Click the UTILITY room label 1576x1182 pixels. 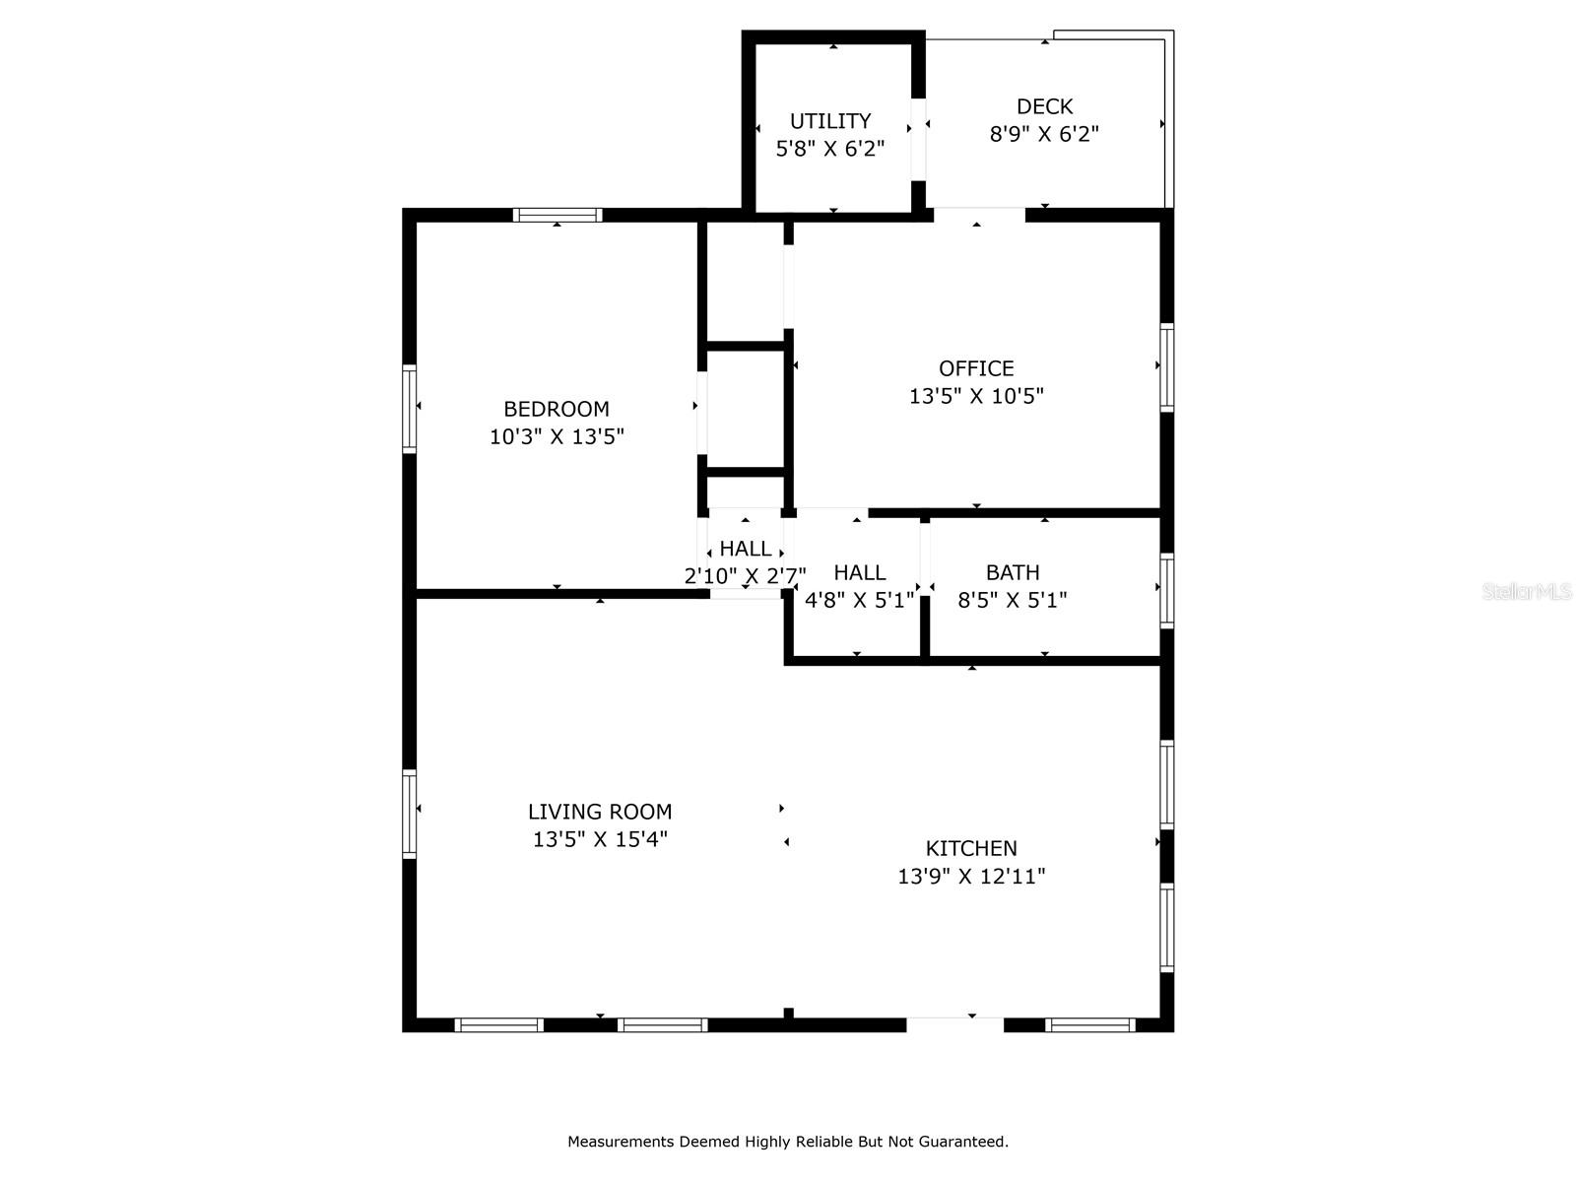pyautogui.click(x=830, y=120)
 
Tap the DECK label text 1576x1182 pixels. pyautogui.click(x=1044, y=106)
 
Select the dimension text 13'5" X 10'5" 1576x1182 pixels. pyautogui.click(x=976, y=395)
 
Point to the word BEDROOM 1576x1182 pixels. pyautogui.click(x=556, y=409)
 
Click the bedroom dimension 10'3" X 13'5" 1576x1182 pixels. pyautogui.click(x=557, y=436)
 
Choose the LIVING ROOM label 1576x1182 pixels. pyautogui.click(x=600, y=812)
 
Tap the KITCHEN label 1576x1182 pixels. pyautogui.click(x=971, y=848)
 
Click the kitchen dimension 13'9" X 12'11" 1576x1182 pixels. pyautogui.click(x=971, y=877)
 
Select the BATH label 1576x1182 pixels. pyautogui.click(x=1013, y=572)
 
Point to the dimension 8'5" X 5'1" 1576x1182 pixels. pyautogui.click(x=1013, y=599)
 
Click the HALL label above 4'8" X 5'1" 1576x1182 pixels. pyautogui.click(x=860, y=572)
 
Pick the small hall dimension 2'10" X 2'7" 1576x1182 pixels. pyautogui.click(x=746, y=575)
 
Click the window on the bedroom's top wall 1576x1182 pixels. pyautogui.click(x=558, y=215)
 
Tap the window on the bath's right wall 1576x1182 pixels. pyautogui.click(x=1167, y=591)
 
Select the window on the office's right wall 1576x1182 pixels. pyautogui.click(x=1167, y=367)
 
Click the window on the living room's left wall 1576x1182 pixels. pyautogui.click(x=409, y=814)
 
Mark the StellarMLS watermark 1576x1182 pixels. pyautogui.click(x=1527, y=591)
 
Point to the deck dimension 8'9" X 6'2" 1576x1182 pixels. pyautogui.click(x=1044, y=134)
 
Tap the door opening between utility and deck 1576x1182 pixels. pyautogui.click(x=918, y=139)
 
